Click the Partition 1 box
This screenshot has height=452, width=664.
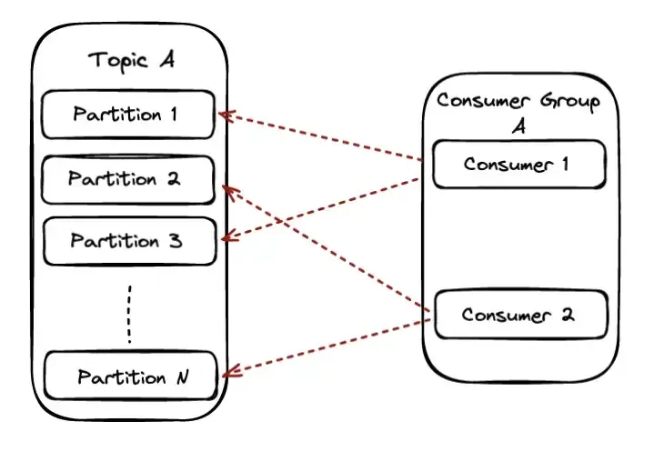click(x=128, y=115)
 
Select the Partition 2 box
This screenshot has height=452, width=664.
click(x=128, y=179)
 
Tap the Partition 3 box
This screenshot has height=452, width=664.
click(x=128, y=241)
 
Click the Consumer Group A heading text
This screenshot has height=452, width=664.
click(x=518, y=112)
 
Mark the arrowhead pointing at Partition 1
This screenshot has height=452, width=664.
click(x=225, y=116)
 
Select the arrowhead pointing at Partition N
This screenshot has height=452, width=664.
click(x=228, y=371)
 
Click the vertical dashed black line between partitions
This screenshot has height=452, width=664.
click(x=129, y=315)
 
